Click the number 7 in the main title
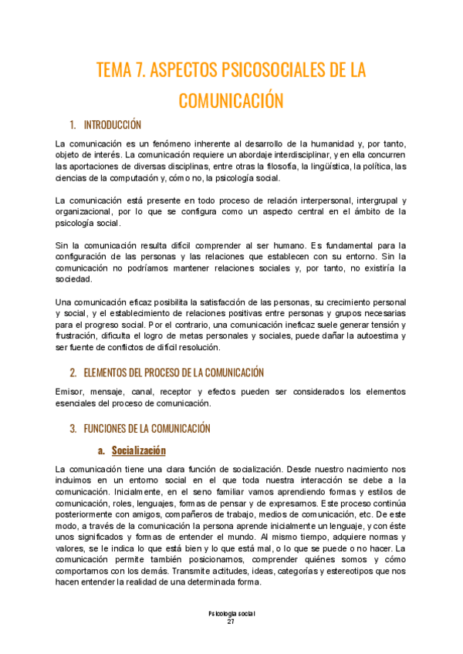coord(140,71)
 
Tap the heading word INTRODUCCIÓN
coord(113,125)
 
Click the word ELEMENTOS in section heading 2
coord(109,373)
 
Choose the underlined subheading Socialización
coord(139,450)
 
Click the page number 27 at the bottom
coord(231,622)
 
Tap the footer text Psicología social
coord(231,613)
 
